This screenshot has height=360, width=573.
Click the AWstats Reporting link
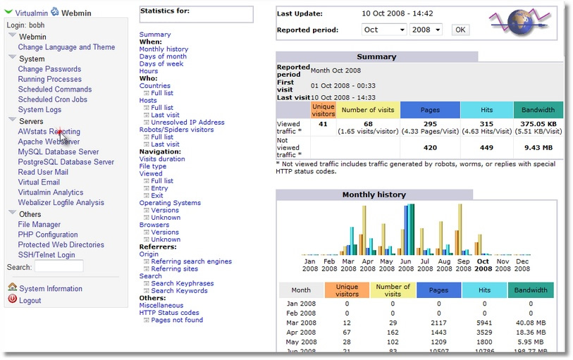click(49, 132)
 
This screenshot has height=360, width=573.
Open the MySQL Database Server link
click(58, 152)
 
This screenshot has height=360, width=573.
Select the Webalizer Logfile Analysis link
click(61, 203)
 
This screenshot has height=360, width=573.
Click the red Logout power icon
click(13, 299)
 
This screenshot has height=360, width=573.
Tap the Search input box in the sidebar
click(58, 266)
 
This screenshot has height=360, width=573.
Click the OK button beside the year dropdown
click(460, 30)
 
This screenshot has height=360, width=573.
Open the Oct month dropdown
click(383, 30)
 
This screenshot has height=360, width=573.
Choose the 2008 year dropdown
click(426, 30)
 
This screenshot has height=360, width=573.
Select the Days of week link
click(161, 64)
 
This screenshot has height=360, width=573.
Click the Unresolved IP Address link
click(188, 123)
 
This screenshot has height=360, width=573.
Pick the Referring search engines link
click(192, 261)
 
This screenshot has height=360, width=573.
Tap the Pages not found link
click(177, 321)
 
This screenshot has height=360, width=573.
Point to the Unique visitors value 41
click(323, 124)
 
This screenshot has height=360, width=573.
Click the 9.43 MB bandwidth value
click(538, 148)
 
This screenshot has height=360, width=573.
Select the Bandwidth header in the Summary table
click(538, 110)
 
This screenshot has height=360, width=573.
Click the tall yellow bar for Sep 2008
click(460, 229)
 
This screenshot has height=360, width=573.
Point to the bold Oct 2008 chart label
click(483, 265)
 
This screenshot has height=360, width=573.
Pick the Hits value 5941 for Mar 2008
click(484, 323)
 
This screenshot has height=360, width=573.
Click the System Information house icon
click(13, 287)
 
